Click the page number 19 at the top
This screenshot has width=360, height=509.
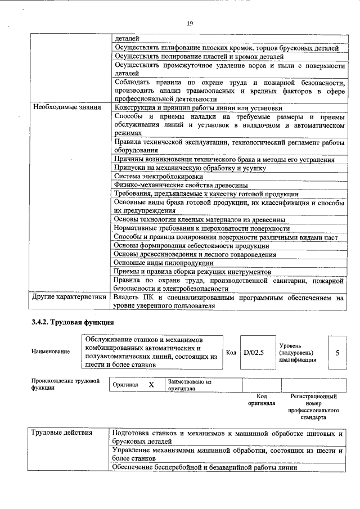(190, 23)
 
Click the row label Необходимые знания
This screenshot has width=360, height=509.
(67, 107)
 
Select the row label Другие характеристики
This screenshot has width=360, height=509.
(69, 297)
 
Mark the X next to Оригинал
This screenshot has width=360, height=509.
(151, 385)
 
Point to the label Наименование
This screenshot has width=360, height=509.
(51, 352)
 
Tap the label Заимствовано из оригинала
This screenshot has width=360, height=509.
(189, 385)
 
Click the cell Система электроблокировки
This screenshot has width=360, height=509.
(151, 176)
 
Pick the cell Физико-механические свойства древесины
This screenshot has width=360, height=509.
(181, 185)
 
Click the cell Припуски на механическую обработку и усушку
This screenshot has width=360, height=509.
(190, 168)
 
